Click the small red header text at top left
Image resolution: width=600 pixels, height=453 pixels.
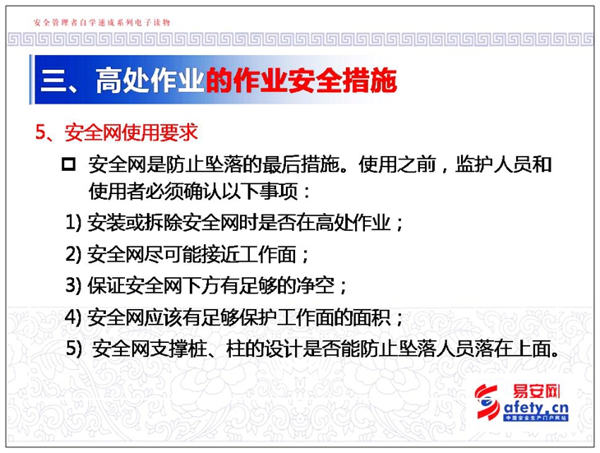coord(102,22)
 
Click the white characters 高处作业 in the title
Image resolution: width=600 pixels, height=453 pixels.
coord(150,81)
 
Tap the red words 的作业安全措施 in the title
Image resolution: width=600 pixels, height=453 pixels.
coord(301,81)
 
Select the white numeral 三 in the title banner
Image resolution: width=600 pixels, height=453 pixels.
coord(53,81)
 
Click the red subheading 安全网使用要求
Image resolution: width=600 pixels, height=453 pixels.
coord(131,132)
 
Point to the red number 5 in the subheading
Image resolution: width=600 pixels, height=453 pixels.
coord(40,132)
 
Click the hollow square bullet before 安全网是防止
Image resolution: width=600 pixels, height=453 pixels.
coord(68,164)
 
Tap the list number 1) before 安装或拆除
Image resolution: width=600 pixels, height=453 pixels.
coord(73,222)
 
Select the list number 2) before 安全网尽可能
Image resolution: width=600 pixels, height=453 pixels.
coord(73,254)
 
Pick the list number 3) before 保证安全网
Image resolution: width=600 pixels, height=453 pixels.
coord(73,285)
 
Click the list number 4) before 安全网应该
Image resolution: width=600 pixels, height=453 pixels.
coord(73,317)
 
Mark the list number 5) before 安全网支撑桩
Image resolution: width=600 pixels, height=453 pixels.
coord(74,349)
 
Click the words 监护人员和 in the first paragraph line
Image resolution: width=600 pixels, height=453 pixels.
coord(503,164)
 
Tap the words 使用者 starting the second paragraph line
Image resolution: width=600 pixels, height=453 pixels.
coord(117,191)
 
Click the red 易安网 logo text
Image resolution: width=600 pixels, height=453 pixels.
coord(537,391)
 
